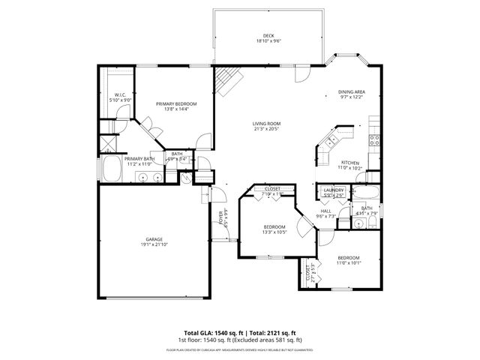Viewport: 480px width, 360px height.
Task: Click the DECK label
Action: (268, 36)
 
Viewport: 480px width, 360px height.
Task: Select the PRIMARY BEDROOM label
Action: (176, 103)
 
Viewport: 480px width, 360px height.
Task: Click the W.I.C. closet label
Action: (118, 94)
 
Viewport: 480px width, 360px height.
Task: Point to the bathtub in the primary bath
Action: (112, 170)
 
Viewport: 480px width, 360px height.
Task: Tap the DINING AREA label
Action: (351, 91)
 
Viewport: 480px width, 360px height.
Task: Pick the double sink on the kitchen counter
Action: (331, 141)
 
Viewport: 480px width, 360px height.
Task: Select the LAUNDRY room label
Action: (334, 190)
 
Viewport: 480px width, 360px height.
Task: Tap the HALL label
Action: (326, 211)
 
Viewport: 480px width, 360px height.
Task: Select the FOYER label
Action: (222, 219)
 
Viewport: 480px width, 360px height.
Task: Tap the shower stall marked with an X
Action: (109, 140)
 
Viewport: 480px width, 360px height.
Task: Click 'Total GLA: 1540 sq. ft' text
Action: (213, 332)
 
